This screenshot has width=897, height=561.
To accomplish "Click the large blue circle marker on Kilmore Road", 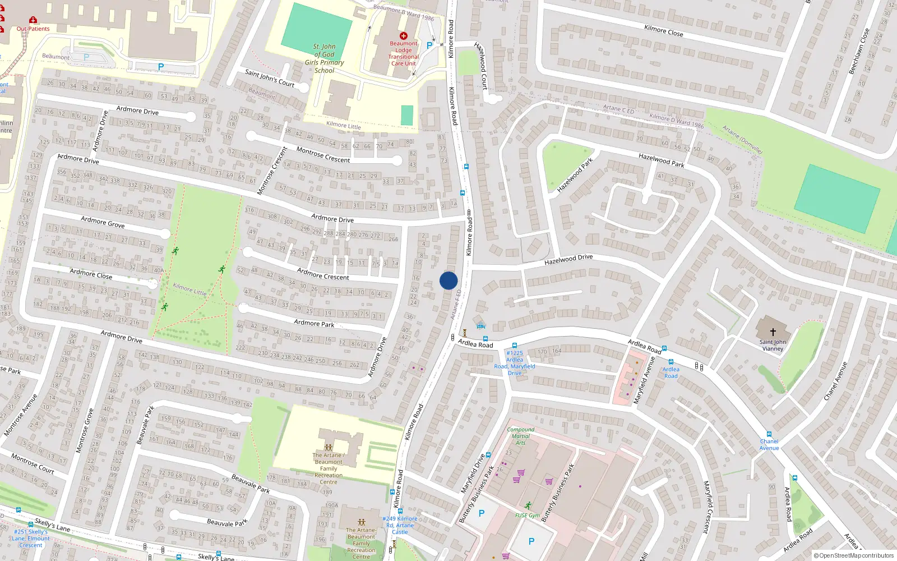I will pyautogui.click(x=449, y=280).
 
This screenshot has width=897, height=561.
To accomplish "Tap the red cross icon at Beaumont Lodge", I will pyautogui.click(x=403, y=36).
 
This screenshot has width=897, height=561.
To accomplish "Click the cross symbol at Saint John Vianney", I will pyautogui.click(x=773, y=332).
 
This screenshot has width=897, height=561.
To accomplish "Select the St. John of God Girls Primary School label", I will pyautogui.click(x=325, y=58).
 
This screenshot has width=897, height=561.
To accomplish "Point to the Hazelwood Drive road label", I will pyautogui.click(x=568, y=259).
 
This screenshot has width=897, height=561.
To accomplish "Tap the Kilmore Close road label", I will pyautogui.click(x=664, y=30).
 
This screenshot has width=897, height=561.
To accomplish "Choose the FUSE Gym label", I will pyautogui.click(x=528, y=515).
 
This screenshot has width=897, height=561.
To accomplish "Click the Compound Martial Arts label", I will pyautogui.click(x=520, y=436).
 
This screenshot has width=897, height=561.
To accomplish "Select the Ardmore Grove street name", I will pyautogui.click(x=103, y=222).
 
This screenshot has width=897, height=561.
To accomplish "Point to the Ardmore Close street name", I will pyautogui.click(x=91, y=274).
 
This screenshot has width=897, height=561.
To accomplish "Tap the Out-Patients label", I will pyautogui.click(x=33, y=29).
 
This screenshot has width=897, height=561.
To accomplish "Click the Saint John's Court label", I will pyautogui.click(x=270, y=78).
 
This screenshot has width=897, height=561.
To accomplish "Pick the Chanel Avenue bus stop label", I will pyautogui.click(x=769, y=444).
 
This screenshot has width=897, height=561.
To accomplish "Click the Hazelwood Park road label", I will pyautogui.click(x=662, y=160).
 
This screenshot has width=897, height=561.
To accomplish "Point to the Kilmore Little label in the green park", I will pyautogui.click(x=189, y=289).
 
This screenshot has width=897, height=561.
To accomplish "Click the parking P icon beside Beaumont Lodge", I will pyautogui.click(x=429, y=46).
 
